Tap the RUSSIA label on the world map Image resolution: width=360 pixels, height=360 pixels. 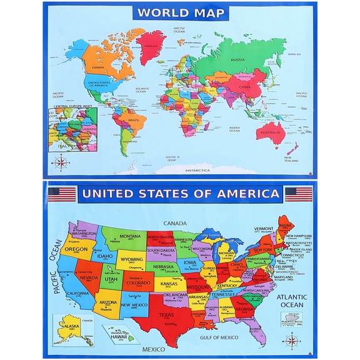click(237, 60)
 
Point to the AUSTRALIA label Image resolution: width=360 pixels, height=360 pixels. click(269, 132)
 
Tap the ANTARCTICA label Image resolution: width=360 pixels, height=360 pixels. click(197, 170)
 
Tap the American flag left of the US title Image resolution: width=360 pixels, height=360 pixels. click(62, 194)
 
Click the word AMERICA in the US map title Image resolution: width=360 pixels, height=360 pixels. click(247, 194)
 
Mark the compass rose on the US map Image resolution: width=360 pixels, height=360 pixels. click(289, 340)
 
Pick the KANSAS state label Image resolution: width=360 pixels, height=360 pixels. click(167, 284)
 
